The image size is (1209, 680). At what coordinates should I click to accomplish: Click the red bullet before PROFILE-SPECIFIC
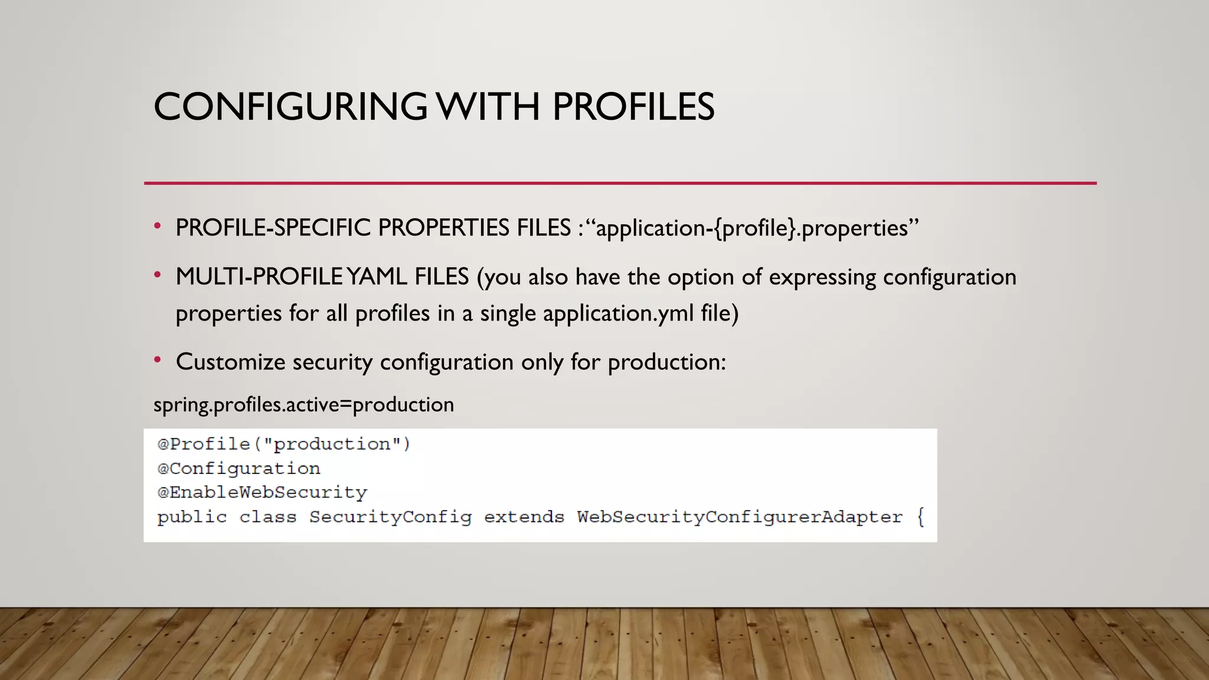[157, 227]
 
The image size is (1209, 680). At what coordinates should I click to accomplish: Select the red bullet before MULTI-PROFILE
[157, 276]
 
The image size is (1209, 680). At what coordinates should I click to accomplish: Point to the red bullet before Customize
[157, 360]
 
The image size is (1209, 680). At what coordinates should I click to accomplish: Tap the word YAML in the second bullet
[377, 276]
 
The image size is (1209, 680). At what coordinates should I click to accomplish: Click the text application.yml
[618, 313]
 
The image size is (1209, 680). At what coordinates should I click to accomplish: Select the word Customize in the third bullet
[230, 361]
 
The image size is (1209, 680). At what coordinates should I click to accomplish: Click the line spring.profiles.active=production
[303, 405]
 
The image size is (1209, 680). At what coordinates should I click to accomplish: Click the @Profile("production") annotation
[283, 444]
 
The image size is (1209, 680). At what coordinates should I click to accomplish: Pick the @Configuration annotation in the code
[238, 469]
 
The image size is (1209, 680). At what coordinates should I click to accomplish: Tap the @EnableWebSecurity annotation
[262, 492]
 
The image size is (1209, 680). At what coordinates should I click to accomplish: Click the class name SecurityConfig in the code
[390, 517]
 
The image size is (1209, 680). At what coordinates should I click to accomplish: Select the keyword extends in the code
[524, 517]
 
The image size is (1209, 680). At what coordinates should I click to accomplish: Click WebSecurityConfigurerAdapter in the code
[740, 517]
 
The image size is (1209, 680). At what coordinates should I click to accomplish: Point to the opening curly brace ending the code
[920, 517]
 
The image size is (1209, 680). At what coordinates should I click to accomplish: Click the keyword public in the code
[192, 517]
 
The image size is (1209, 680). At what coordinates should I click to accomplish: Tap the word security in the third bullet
[332, 361]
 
